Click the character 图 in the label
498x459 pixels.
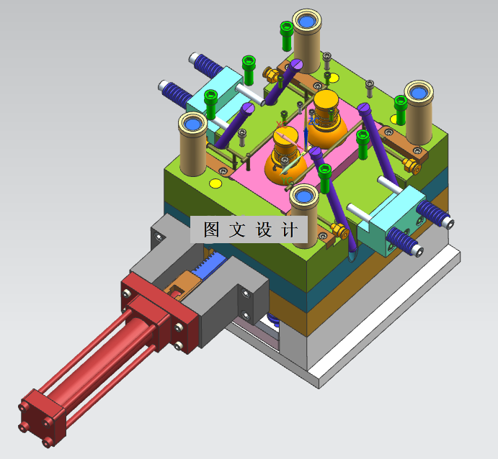coord(211,229)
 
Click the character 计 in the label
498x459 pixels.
coord(289,229)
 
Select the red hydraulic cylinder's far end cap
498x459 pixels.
coord(43,419)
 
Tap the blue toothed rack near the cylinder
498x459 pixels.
coord(208,264)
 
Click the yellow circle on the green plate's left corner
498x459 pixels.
coord(215,183)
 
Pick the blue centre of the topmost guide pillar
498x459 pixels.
coord(306,22)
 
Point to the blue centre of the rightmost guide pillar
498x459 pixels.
coord(418,93)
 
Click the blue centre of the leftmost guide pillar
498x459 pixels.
coord(192,123)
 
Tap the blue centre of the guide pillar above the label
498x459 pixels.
coord(303,196)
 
